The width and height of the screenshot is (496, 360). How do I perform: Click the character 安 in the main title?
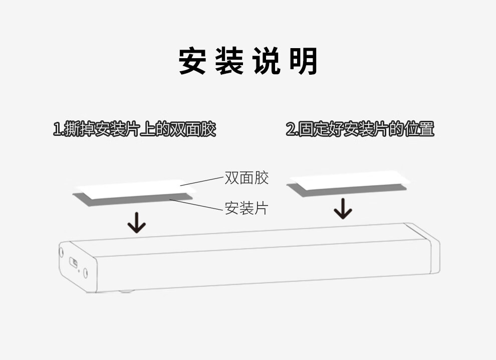pos(192,62)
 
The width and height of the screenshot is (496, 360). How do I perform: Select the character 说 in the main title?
pos(267,62)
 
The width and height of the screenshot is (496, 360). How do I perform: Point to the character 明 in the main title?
pos(304,62)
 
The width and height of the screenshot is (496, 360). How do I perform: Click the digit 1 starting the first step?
pos(57,129)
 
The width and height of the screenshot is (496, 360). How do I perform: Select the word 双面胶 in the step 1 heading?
pos(193,129)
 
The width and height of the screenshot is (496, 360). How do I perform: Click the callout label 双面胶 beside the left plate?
pos(246,177)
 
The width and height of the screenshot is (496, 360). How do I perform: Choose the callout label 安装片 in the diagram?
pos(246,208)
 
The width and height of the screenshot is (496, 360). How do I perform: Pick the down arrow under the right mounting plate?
pos(343,209)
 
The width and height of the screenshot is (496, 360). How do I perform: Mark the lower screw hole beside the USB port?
pos(85,272)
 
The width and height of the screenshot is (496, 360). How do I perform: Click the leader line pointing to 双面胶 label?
pos(201,181)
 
